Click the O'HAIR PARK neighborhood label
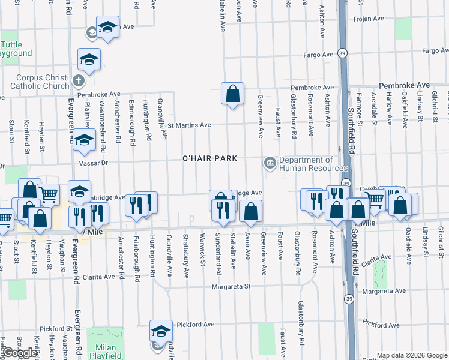click(210, 158)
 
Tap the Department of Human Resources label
click(305, 164)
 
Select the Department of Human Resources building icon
click(270, 162)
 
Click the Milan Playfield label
click(105, 352)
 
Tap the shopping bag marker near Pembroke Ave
click(232, 94)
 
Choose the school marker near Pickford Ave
click(161, 331)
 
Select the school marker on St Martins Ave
click(84, 140)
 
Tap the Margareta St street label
click(230, 287)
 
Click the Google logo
click(20, 353)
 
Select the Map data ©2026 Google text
click(411, 355)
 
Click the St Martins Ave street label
click(189, 125)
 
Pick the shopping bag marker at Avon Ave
click(250, 211)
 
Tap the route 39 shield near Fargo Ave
click(342, 53)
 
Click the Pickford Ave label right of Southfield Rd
click(381, 325)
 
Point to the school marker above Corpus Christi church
click(89, 60)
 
